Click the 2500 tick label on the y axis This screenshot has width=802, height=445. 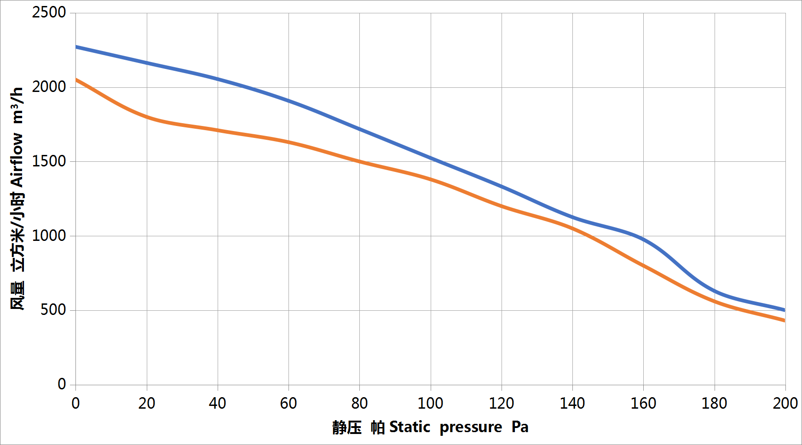[49, 12]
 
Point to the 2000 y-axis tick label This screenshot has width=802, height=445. [49, 87]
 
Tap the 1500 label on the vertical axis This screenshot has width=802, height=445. [49, 161]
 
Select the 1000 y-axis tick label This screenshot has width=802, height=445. [49, 236]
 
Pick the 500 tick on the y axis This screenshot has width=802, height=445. [53, 310]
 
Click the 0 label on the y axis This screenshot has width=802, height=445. [62, 384]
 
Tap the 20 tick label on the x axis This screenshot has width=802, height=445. [147, 404]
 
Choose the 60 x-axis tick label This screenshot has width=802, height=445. [288, 404]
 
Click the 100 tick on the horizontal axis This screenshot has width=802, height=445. [430, 404]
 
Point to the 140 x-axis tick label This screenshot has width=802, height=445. [572, 404]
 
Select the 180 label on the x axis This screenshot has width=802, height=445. [714, 404]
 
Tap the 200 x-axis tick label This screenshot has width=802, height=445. [785, 404]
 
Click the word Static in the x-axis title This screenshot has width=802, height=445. [410, 428]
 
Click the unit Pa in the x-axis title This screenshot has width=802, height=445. [520, 428]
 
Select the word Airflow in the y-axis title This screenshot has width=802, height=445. [17, 160]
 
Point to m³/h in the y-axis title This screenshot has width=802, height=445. [17, 105]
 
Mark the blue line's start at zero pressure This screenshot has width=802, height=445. [76, 47]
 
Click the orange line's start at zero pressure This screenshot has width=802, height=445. [76, 80]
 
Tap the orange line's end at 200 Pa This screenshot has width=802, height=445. [785, 320]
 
